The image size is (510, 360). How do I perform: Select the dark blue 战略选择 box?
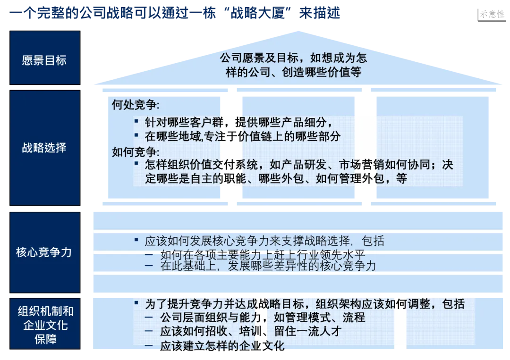(44, 148)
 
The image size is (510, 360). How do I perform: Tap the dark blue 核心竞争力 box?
(44, 252)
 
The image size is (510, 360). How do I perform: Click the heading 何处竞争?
(136, 105)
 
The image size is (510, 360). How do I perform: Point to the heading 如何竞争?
(136, 152)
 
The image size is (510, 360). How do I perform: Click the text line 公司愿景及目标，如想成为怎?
(293, 58)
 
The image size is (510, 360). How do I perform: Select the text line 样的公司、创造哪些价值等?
(293, 72)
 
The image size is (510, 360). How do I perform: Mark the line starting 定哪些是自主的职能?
(276, 179)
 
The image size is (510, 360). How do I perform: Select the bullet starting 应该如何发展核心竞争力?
(264, 241)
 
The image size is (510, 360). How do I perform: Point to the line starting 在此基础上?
(268, 266)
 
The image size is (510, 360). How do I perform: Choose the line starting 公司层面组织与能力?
(262, 317)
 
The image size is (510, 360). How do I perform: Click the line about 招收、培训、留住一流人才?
(250, 331)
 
